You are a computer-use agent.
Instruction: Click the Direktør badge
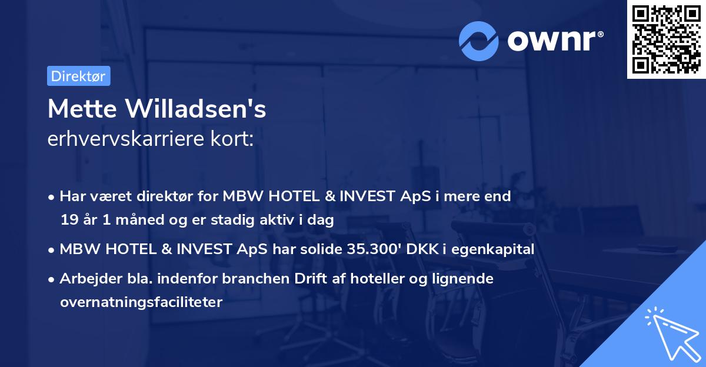[78, 76]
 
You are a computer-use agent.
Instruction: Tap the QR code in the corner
[666, 39]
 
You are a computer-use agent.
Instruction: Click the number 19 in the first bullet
[68, 221]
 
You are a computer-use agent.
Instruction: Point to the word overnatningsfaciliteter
[141, 302]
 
